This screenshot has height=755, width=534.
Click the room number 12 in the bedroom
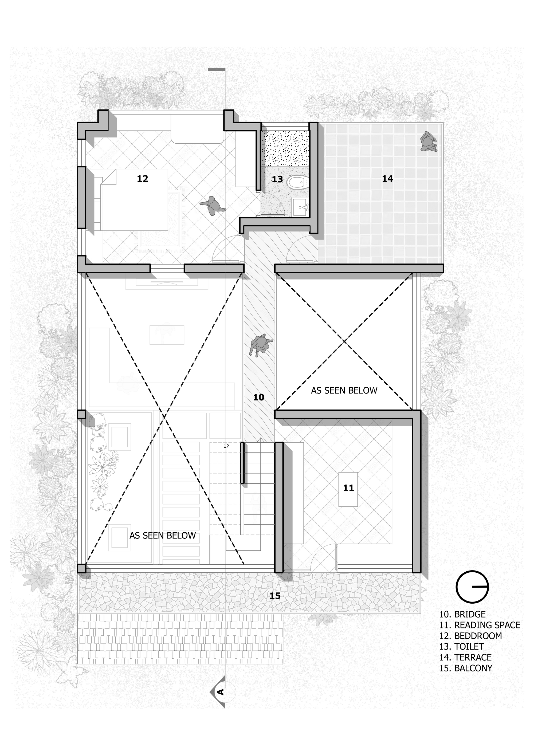tap(142, 179)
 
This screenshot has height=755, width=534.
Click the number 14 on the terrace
tap(387, 179)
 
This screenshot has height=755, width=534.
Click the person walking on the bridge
tap(261, 345)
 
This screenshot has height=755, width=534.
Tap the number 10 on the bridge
tap(258, 397)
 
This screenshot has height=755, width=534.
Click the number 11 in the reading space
tap(348, 488)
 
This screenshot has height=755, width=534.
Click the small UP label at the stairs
tap(226, 446)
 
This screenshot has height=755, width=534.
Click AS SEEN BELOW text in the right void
tap(344, 390)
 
